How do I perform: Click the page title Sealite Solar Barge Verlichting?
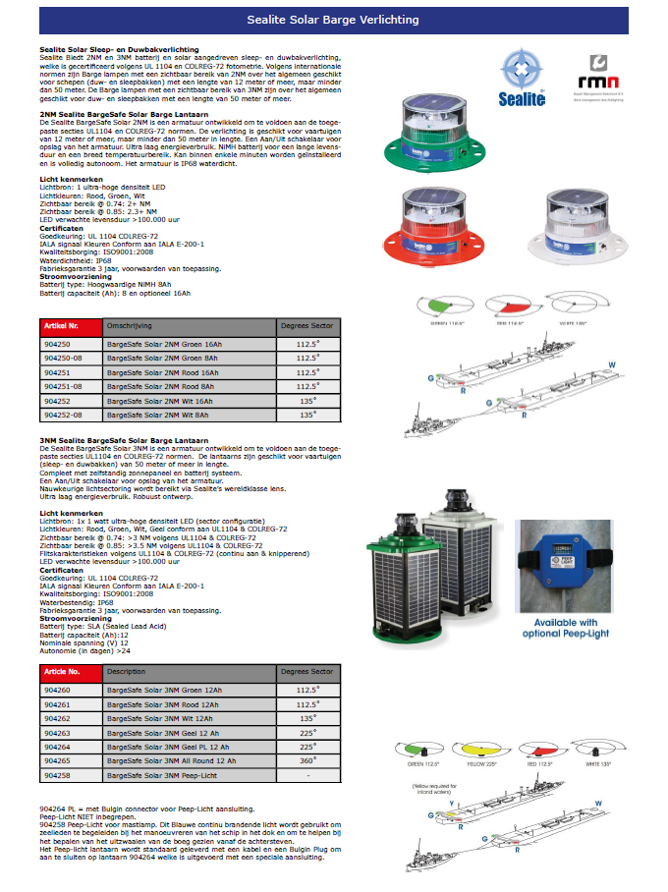click(x=333, y=20)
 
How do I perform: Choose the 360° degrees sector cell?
click(x=308, y=761)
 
